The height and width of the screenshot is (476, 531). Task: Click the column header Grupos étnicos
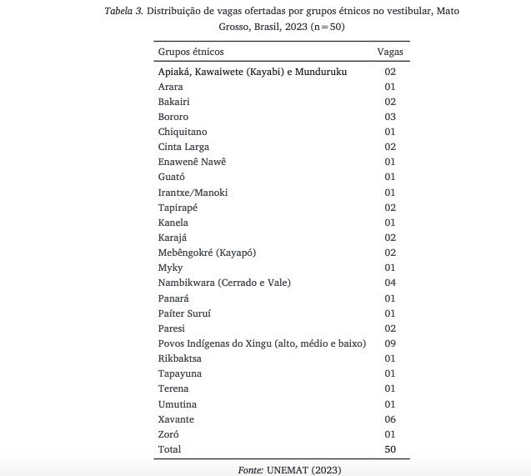point(191,52)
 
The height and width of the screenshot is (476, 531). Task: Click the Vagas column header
point(389,52)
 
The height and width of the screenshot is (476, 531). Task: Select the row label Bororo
point(173,117)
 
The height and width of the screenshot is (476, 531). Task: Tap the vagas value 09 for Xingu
point(389,343)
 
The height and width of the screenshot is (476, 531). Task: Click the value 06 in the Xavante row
point(389,419)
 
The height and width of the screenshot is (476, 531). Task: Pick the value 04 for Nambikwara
point(389,283)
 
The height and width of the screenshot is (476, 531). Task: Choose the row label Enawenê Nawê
point(192,162)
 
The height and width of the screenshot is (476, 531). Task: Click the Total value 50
point(389,449)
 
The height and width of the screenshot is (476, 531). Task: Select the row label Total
point(169,449)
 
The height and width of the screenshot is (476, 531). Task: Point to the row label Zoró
point(169,434)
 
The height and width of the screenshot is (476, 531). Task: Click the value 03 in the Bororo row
point(389,117)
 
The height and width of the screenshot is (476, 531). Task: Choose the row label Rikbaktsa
point(180,358)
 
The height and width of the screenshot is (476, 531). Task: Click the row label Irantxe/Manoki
point(193,193)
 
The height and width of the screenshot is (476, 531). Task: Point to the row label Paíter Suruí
point(184,313)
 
